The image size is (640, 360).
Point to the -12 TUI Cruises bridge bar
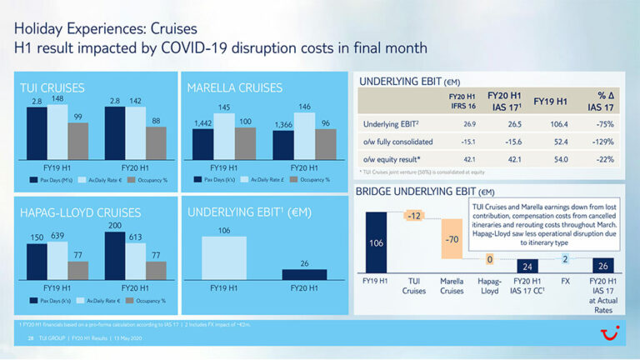pyautogui.click(x=413, y=216)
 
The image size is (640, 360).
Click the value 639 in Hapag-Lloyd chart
pyautogui.click(x=59, y=236)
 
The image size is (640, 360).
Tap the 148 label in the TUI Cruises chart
pyautogui.click(x=57, y=98)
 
